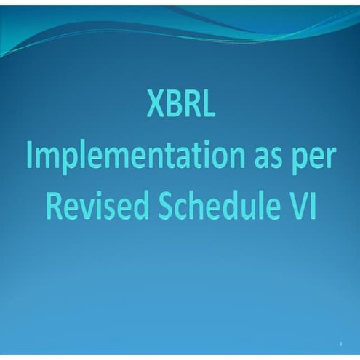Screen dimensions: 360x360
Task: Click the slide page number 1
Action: [340, 342]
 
